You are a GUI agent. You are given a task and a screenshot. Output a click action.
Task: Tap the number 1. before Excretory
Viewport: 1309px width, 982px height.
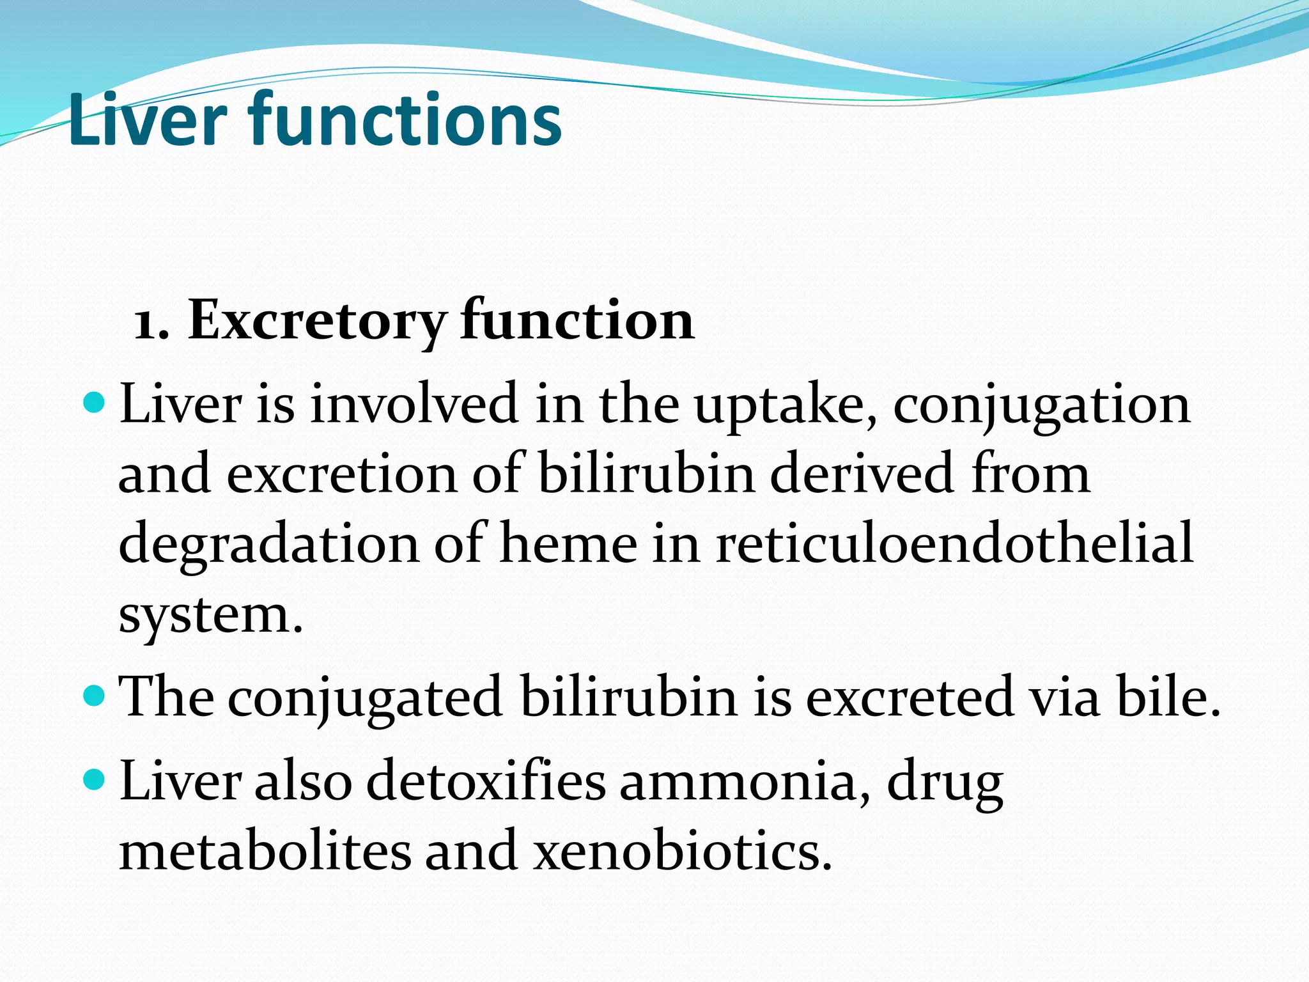[x=152, y=323]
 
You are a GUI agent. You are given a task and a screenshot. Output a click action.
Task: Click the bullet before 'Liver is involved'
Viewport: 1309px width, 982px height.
[x=94, y=403]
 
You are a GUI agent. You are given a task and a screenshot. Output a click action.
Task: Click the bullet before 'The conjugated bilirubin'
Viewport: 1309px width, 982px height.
[x=94, y=694]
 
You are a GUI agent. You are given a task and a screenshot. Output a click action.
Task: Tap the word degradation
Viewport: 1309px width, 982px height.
[x=268, y=545]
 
